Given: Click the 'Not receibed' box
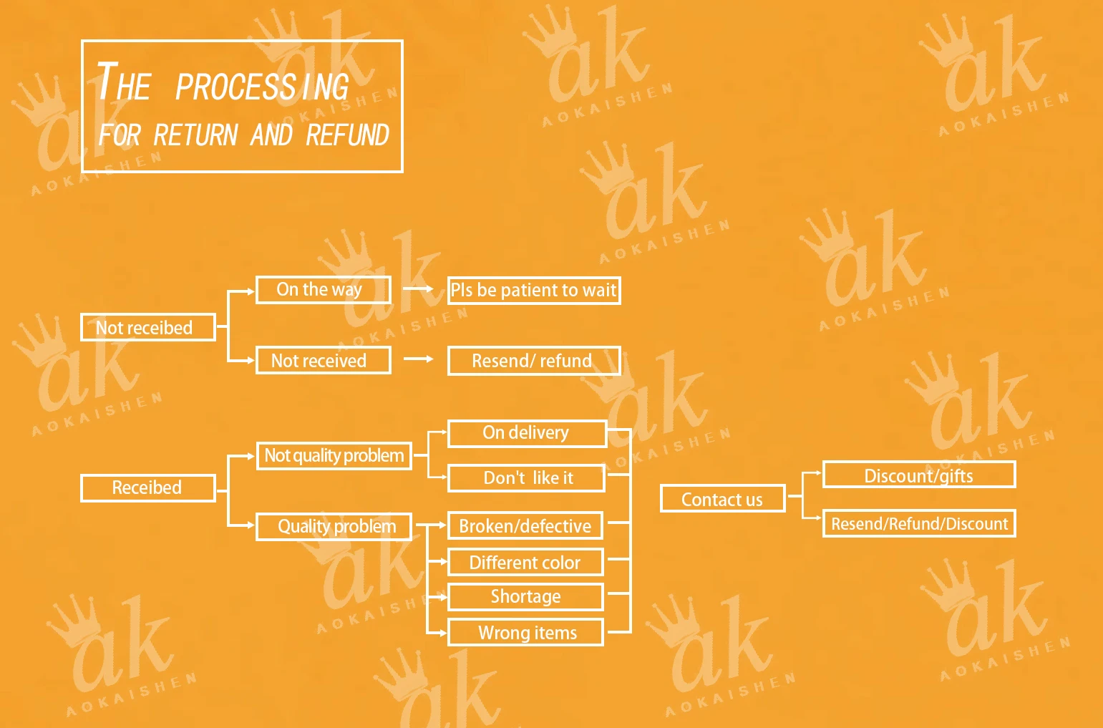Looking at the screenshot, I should click(x=147, y=327).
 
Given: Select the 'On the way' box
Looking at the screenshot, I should click(x=323, y=289).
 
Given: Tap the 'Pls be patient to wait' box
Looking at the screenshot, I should click(x=533, y=290).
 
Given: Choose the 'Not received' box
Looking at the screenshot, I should click(x=323, y=360).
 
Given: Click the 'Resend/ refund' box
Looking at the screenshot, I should click(x=533, y=361).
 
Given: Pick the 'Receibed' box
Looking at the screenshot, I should click(x=147, y=487).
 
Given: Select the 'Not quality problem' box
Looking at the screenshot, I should click(x=334, y=455).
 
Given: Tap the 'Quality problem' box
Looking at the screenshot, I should click(x=334, y=526).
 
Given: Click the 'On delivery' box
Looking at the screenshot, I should click(x=526, y=433).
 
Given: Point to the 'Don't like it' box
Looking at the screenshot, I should click(x=526, y=477).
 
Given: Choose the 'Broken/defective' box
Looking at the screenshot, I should click(x=525, y=525).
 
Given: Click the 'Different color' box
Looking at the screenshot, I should click(x=525, y=562).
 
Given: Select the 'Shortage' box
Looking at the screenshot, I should click(x=525, y=596).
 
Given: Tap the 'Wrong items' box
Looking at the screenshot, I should click(x=525, y=633).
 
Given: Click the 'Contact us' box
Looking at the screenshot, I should click(x=722, y=499).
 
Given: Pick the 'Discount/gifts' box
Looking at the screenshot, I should click(x=918, y=475).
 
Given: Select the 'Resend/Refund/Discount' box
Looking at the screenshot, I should click(x=918, y=523).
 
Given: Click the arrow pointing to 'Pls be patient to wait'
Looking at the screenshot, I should click(x=419, y=288).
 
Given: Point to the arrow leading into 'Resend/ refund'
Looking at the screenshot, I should click(x=419, y=359).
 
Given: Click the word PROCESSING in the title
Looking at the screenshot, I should click(x=262, y=87).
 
